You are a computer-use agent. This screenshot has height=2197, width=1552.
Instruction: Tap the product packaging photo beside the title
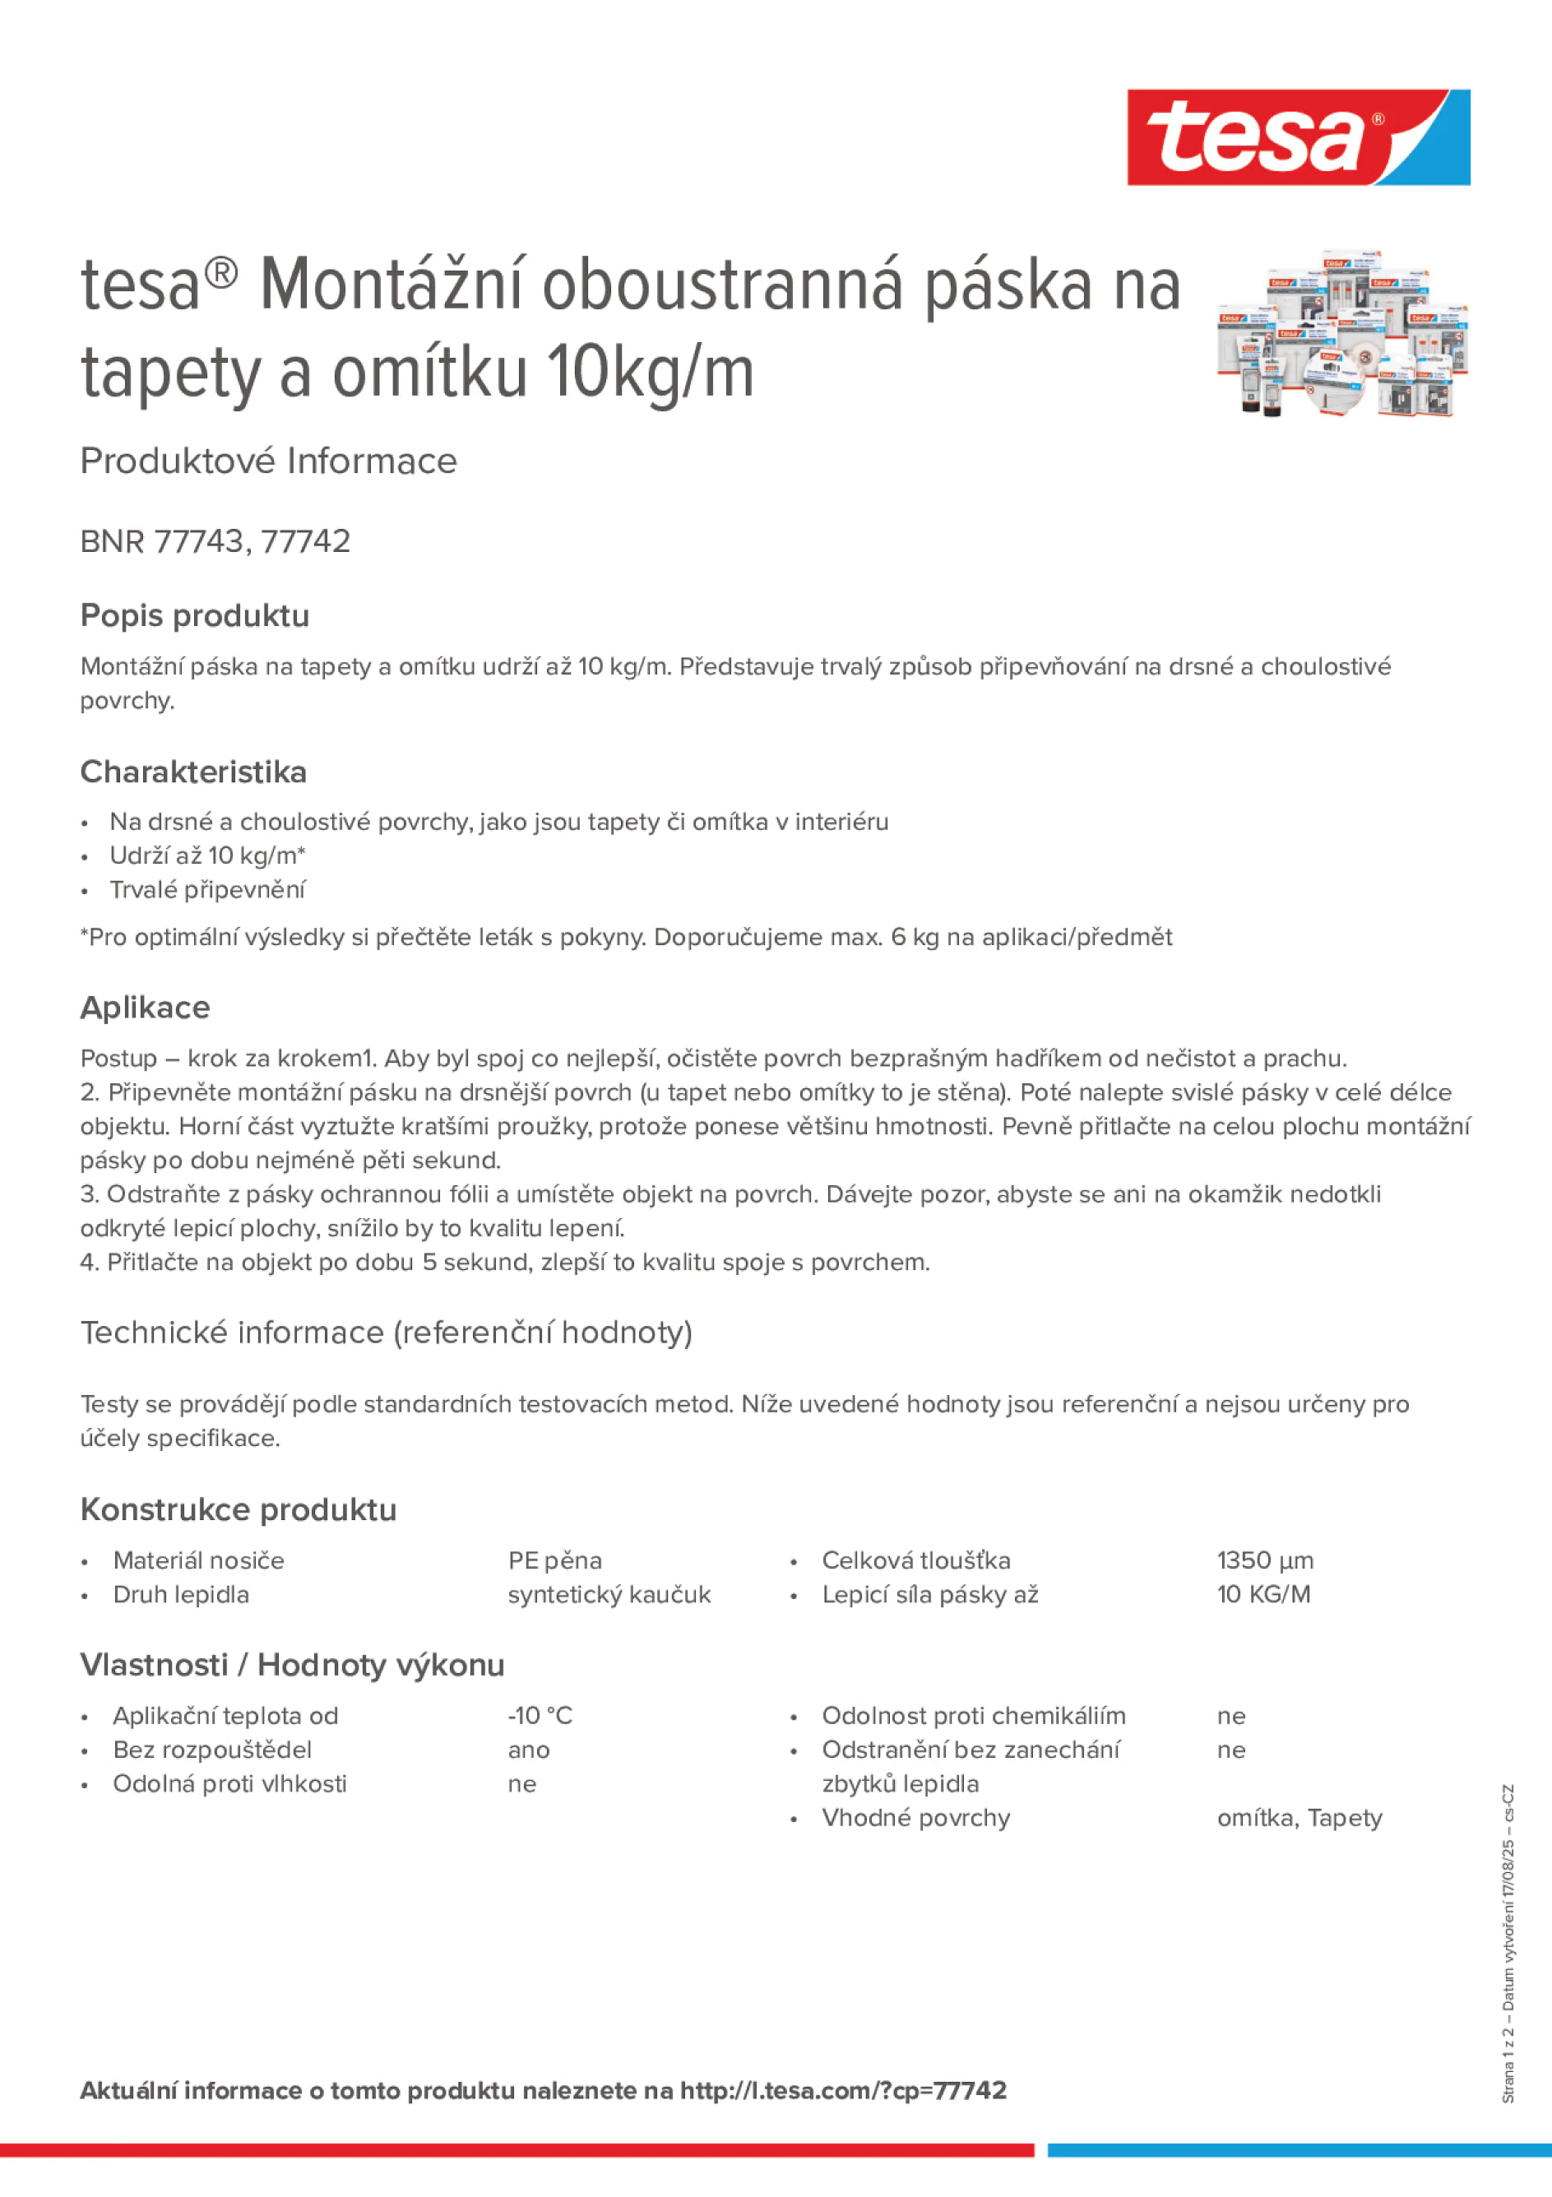[1341, 334]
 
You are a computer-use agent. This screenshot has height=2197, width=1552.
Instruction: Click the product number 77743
[199, 541]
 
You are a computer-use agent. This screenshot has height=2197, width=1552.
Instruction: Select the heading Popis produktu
[194, 615]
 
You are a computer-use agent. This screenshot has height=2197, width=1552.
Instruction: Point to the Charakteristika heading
[193, 772]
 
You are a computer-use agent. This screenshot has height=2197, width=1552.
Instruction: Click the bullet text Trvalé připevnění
[207, 890]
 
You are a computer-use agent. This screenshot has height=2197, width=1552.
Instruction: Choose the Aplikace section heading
[146, 1008]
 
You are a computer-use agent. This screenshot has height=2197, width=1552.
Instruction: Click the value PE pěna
[555, 1560]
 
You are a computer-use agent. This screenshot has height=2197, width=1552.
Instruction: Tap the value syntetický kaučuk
[609, 1595]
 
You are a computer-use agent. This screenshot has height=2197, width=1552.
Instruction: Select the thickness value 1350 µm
[1265, 1560]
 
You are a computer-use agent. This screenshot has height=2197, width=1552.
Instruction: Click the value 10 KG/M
[1263, 1595]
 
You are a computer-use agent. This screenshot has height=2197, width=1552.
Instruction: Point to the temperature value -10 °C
[540, 1716]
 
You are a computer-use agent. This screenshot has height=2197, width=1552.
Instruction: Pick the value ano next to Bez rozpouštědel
[528, 1750]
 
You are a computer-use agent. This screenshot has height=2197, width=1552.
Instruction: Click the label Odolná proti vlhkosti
[229, 1783]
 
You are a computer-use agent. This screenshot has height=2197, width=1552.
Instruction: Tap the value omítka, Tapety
[1300, 1818]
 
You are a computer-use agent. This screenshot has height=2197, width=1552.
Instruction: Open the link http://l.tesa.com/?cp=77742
[843, 2091]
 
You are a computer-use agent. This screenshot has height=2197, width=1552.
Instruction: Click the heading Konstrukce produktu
[239, 1510]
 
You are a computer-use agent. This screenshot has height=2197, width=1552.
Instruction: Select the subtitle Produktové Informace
[269, 461]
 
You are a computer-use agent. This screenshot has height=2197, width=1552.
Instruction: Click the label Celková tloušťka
[915, 1560]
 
